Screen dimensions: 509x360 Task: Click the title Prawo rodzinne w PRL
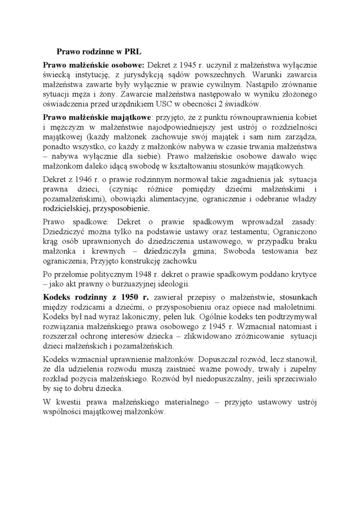99,51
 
